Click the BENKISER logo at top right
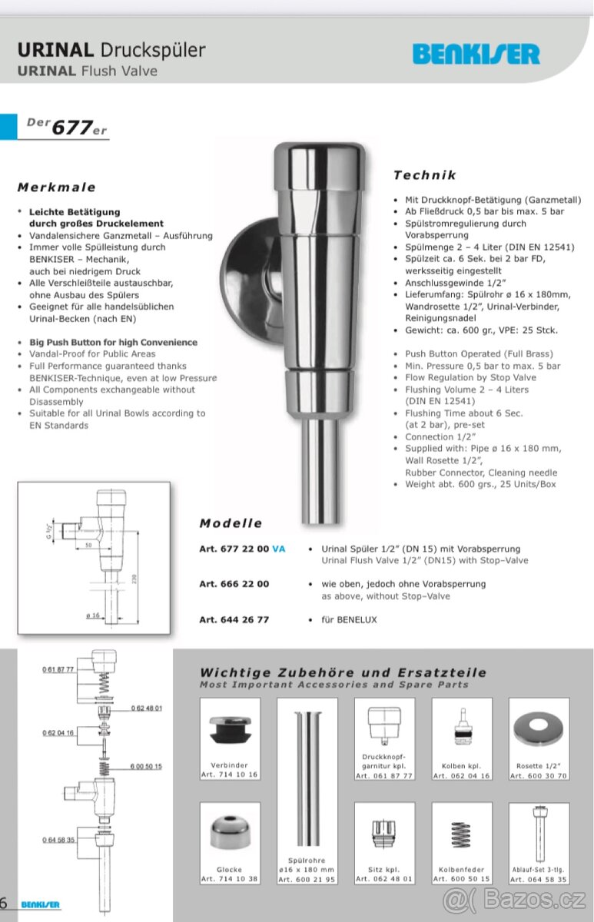[x=476, y=54]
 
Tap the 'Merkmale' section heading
[x=57, y=187]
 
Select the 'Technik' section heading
[x=425, y=175]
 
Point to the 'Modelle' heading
[x=231, y=523]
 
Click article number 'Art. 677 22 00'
[x=234, y=549]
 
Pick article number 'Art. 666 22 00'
[x=234, y=584]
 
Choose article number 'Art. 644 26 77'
[x=234, y=619]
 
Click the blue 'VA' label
[x=279, y=549]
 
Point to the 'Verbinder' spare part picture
[x=230, y=728]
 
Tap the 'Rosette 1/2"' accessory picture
[x=539, y=728]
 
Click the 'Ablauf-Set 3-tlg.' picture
[x=539, y=833]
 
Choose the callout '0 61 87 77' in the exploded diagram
[x=58, y=670]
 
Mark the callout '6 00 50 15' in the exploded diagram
[x=146, y=767]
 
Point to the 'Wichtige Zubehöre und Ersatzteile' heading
[x=343, y=672]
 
